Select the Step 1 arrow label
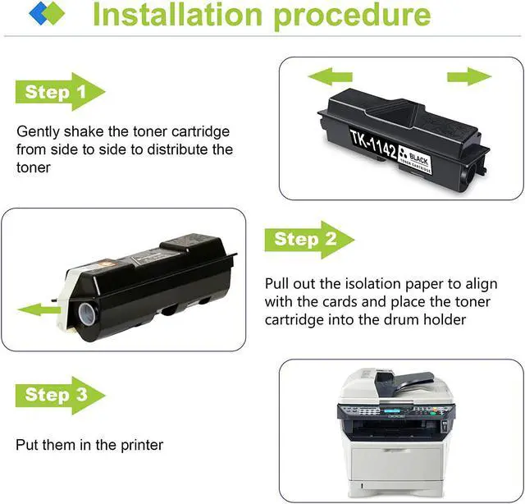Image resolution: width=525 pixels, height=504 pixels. (x=57, y=92)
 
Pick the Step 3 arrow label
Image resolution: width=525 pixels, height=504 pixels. (x=57, y=395)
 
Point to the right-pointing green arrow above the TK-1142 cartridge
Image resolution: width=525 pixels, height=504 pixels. (x=468, y=78)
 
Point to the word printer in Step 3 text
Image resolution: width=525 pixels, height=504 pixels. (x=141, y=445)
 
